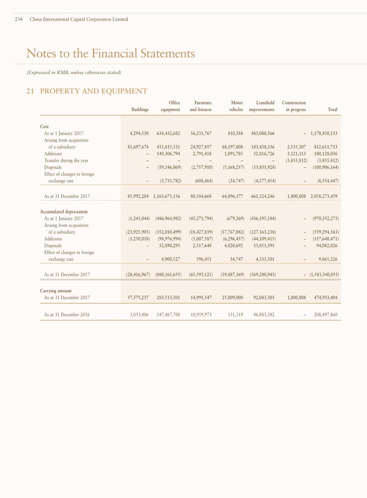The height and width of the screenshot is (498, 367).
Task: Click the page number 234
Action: click(x=19, y=19)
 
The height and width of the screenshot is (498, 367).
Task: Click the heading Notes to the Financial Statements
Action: click(x=111, y=53)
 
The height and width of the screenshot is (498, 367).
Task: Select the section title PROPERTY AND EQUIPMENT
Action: click(x=94, y=91)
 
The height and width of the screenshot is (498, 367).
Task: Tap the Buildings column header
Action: click(x=140, y=109)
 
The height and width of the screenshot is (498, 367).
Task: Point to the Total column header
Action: click(x=332, y=109)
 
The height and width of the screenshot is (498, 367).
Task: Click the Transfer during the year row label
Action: click(x=66, y=161)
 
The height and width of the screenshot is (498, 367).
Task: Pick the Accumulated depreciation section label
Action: click(x=64, y=212)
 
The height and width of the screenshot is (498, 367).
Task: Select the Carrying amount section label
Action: click(x=56, y=291)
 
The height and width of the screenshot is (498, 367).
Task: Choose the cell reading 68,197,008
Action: click(x=233, y=147)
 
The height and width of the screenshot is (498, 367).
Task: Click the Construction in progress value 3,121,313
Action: click(x=296, y=154)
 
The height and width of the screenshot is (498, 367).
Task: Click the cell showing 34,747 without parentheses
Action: click(x=237, y=259)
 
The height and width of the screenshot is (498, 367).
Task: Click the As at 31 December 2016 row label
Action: click(x=67, y=315)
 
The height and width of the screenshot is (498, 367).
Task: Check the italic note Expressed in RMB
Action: click(x=74, y=72)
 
